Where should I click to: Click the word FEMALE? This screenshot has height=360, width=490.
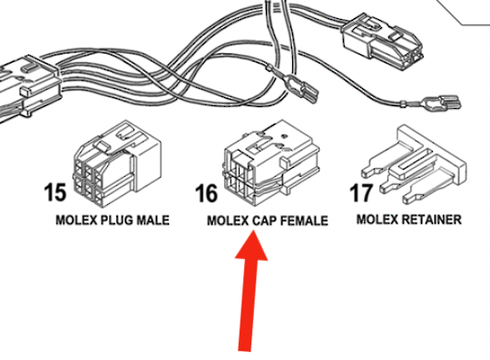(305, 220)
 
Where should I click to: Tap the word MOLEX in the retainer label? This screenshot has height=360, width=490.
(377, 219)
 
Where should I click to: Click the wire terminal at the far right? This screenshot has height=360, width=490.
(446, 102)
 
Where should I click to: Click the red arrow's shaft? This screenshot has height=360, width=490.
(248, 308)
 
